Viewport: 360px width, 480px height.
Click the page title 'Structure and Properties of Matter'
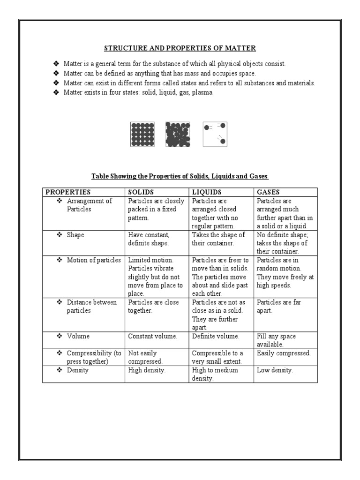(x=180, y=48)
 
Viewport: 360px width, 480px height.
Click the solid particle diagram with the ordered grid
(x=142, y=135)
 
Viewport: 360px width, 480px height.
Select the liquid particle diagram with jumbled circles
(x=178, y=135)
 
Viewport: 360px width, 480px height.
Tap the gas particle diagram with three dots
(x=215, y=134)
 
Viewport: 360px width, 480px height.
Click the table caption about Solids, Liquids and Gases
(x=180, y=176)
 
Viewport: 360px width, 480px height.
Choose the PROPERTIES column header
(x=68, y=192)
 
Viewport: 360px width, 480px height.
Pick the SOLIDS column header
(x=141, y=192)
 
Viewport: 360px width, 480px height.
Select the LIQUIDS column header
(x=207, y=192)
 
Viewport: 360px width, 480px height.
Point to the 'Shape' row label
(x=75, y=235)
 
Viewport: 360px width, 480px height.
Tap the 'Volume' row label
(x=78, y=336)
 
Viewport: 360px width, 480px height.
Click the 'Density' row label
(x=77, y=370)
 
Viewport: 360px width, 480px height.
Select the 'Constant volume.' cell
(x=153, y=336)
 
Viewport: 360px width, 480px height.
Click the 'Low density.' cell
(x=275, y=370)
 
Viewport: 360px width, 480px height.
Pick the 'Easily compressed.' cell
(x=284, y=353)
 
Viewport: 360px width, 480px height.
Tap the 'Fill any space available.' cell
(x=276, y=340)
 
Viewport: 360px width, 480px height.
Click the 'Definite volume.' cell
(x=216, y=336)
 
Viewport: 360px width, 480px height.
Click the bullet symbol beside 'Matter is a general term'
(x=56, y=64)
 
